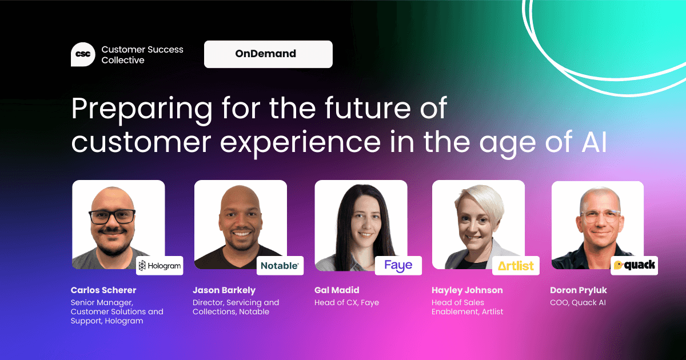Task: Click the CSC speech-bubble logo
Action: [x=83, y=54]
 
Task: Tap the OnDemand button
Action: [x=268, y=54]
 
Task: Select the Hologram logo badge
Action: [x=159, y=266]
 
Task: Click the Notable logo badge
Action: [x=280, y=266]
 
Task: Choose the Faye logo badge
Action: [x=398, y=266]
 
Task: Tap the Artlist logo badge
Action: [x=516, y=266]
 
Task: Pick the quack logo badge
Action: [x=635, y=266]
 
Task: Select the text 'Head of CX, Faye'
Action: [x=346, y=302]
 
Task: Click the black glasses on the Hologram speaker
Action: [x=112, y=217]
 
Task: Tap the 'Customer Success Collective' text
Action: [x=142, y=55]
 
